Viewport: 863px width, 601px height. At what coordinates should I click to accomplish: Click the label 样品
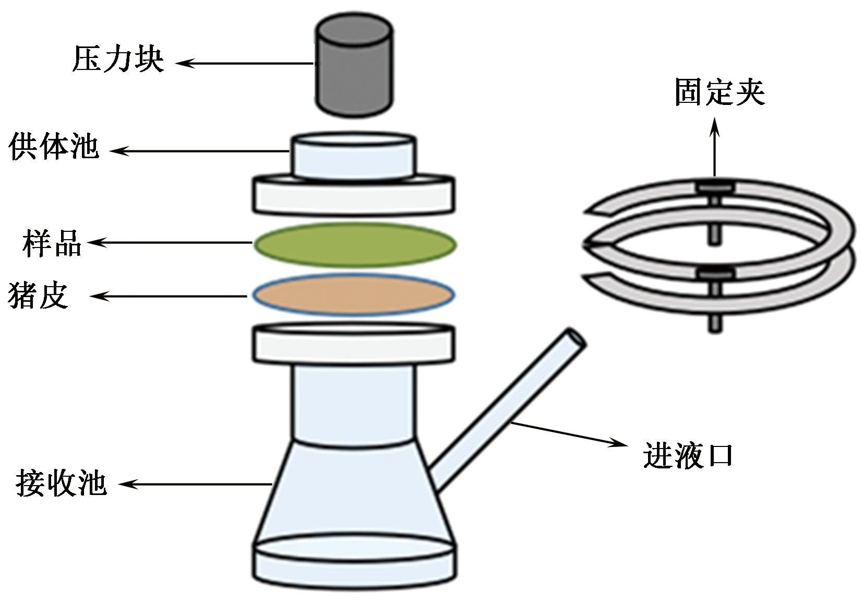pyautogui.click(x=52, y=242)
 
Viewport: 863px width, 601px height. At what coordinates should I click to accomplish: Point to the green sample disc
pyautogui.click(x=355, y=244)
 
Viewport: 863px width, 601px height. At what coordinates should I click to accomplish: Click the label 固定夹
pyautogui.click(x=720, y=93)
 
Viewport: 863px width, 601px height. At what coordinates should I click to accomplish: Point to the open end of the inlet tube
pyautogui.click(x=576, y=338)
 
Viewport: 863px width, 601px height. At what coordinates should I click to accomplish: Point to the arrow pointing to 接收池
pyautogui.click(x=195, y=485)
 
